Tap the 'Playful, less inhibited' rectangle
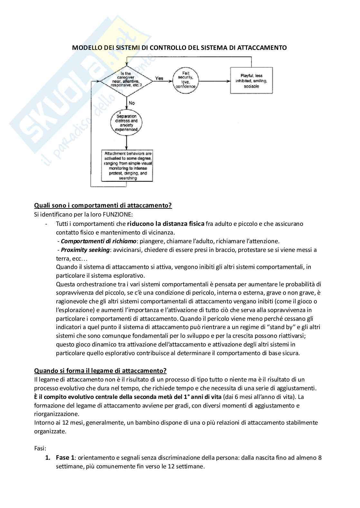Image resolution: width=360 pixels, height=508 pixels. (251, 80)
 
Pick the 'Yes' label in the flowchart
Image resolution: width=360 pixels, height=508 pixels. (159, 78)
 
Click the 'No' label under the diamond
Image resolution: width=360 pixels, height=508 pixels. (131, 103)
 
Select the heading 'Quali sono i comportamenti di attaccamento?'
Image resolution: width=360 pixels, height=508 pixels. (103, 206)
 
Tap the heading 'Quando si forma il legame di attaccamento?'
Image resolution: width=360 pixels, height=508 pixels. (100, 371)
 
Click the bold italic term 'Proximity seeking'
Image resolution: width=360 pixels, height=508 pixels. (85, 250)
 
